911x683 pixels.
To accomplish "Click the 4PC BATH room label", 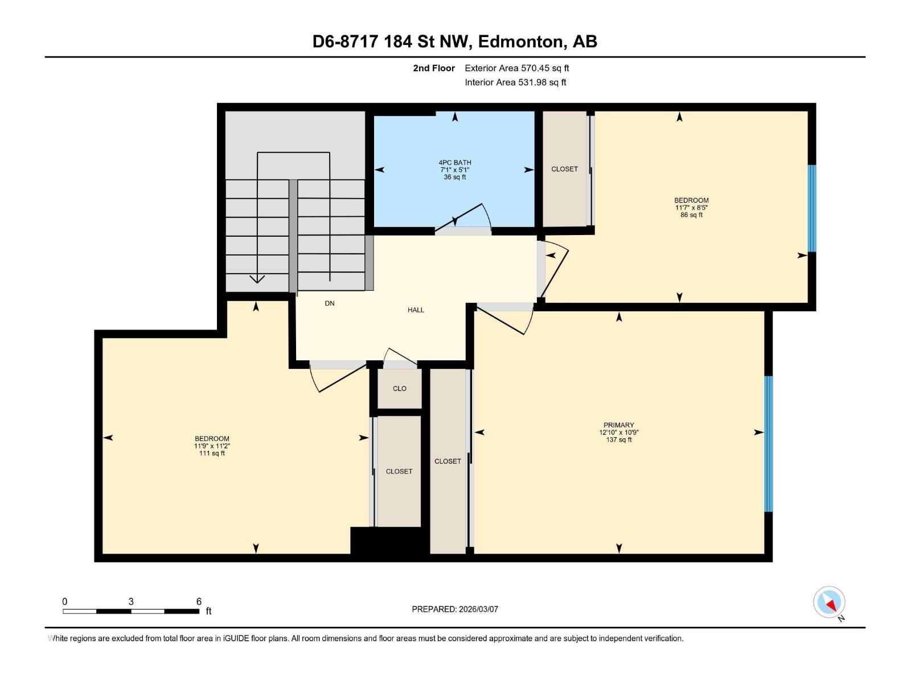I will coord(454,163).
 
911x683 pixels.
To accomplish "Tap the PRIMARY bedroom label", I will coord(618,425).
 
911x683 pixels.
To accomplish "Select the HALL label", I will coord(416,310).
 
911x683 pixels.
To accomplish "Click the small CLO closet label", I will coord(399,389).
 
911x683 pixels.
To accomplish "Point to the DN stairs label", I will coord(330,303).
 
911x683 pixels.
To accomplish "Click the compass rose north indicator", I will coord(830,602).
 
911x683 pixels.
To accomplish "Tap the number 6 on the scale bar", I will coord(199,602).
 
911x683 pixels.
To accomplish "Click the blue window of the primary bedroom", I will coord(768,444).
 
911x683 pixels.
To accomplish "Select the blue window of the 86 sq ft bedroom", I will coord(812,208).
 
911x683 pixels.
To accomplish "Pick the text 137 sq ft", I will coord(618,440).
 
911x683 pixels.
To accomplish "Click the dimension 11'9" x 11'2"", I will coord(212,446).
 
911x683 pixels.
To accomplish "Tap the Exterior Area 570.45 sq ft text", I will coord(516,68).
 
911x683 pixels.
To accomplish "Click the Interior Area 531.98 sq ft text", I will coord(515,83).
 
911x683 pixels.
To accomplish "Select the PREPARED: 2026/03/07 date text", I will coord(454,609).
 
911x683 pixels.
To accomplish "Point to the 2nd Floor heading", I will coord(434,68).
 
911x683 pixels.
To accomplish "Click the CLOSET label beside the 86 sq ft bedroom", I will coord(564,169).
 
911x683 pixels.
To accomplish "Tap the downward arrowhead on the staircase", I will coord(257,279).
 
